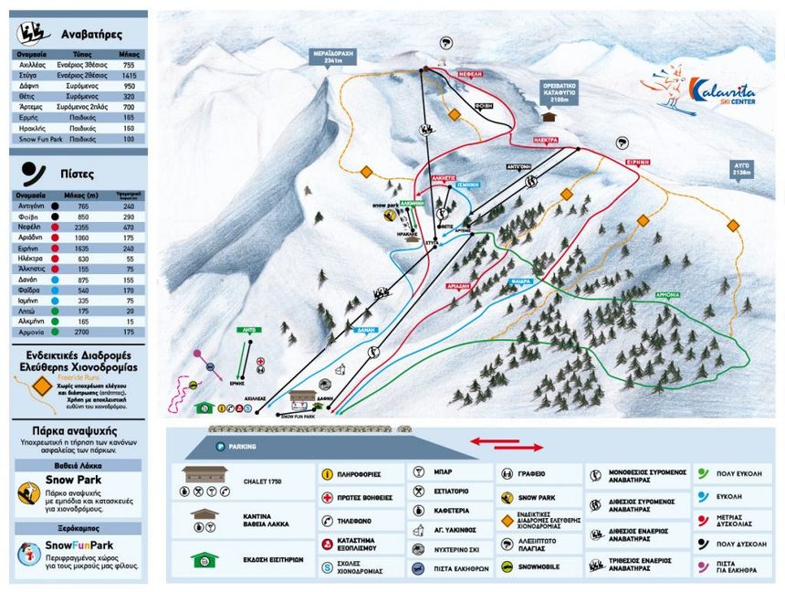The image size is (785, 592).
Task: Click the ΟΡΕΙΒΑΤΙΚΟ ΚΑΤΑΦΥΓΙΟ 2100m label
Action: (x=556, y=93)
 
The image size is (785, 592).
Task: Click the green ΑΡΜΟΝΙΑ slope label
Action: (x=668, y=296)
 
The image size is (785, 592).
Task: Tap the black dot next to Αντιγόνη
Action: (x=56, y=206)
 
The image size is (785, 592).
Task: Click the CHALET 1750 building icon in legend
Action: (x=204, y=474)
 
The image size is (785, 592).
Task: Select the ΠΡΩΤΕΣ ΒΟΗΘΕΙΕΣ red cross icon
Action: (x=327, y=498)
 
